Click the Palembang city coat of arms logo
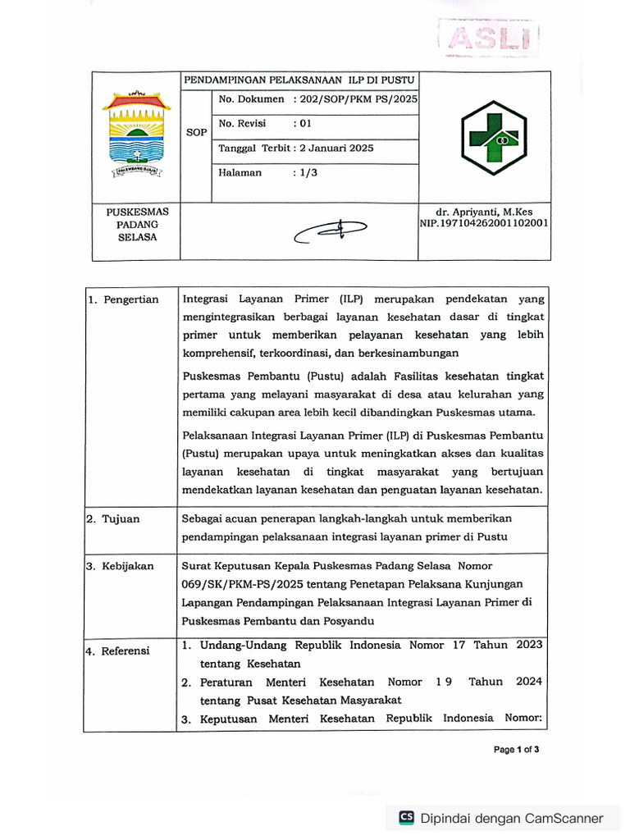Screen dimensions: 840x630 click(x=136, y=135)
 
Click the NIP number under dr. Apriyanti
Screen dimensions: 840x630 click(x=484, y=223)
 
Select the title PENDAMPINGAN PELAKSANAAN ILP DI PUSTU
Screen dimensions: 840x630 click(x=299, y=80)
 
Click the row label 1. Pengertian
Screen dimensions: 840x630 click(x=124, y=299)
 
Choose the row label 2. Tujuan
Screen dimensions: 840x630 click(x=114, y=519)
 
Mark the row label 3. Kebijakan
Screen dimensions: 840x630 click(x=121, y=566)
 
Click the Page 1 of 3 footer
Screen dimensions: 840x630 click(x=516, y=750)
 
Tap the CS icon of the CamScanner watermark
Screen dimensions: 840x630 click(x=406, y=818)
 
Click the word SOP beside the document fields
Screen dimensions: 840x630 click(x=196, y=132)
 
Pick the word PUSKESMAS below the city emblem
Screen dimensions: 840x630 click(x=137, y=212)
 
